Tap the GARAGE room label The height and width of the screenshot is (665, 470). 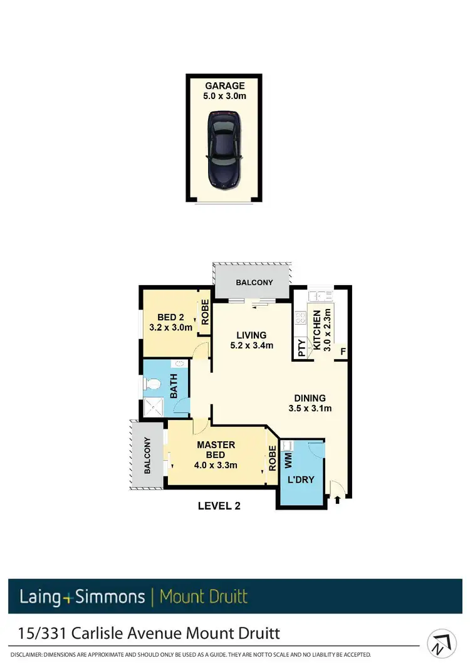(224, 86)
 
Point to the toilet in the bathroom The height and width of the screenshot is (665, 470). (152, 382)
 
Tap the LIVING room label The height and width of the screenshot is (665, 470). (251, 335)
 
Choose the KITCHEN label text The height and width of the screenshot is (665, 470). (317, 330)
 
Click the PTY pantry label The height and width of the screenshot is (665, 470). (301, 347)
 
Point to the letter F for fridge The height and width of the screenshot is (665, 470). (343, 352)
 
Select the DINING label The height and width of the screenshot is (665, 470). (310, 398)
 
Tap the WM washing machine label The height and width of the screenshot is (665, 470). (288, 462)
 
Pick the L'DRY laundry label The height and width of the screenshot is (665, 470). (300, 480)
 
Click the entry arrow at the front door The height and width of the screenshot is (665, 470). (339, 500)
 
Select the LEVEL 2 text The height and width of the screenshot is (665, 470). (219, 506)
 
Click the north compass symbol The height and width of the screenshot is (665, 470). (442, 644)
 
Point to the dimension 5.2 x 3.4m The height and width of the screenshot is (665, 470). (251, 345)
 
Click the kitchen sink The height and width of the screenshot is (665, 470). (323, 296)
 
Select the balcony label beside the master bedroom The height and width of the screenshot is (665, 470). (145, 455)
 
